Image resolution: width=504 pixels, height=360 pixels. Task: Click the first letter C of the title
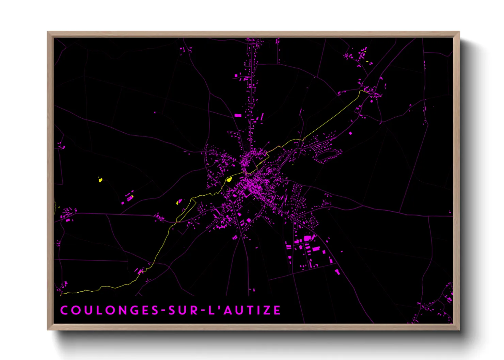[x=64, y=310]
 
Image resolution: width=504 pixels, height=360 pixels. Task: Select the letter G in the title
[x=137, y=310]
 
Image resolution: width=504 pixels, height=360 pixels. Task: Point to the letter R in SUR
[x=194, y=310]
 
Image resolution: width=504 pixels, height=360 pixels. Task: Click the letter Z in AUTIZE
[x=268, y=310]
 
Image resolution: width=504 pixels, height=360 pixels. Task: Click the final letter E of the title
[x=278, y=310]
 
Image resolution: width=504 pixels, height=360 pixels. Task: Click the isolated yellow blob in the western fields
[x=100, y=180]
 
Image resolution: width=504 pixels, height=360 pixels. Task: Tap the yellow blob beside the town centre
[x=229, y=179]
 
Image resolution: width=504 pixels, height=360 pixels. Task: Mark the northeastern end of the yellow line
[x=361, y=91]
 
